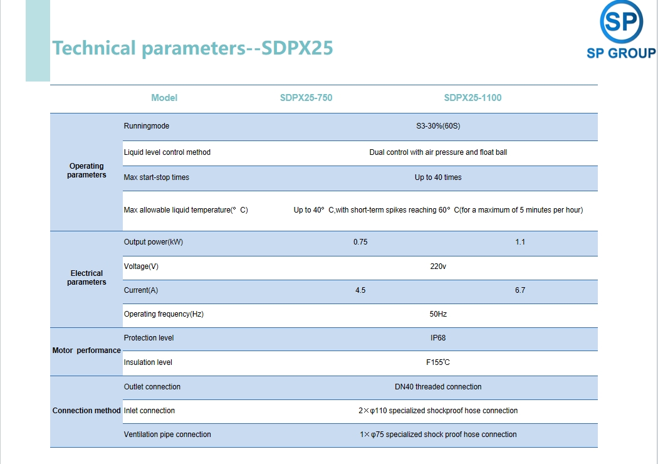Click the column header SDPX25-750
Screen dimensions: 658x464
306,98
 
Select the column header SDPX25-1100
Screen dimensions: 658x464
473,98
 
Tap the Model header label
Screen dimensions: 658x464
164,98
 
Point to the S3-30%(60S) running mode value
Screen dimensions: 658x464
438,126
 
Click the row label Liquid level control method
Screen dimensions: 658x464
167,152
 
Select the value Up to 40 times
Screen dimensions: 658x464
438,177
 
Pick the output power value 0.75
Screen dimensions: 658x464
360,242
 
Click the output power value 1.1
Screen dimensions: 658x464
520,242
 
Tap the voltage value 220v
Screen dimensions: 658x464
438,266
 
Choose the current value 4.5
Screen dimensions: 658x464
360,290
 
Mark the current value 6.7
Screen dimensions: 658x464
520,290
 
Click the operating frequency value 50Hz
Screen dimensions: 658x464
438,314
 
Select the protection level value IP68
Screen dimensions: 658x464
438,338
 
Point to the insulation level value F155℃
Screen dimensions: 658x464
438,362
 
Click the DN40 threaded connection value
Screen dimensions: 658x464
438,387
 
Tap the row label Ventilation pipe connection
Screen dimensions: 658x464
167,435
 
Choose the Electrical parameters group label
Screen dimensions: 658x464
86,278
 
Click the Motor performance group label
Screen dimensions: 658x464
86,351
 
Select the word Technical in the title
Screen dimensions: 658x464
94,48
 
